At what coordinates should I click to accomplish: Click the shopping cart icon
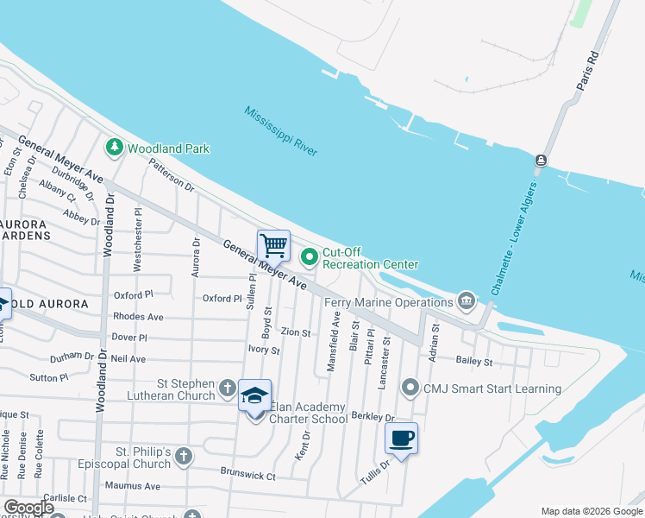tap(273, 245)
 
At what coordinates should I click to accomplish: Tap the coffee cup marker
tap(401, 439)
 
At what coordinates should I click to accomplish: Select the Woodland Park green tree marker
tap(114, 148)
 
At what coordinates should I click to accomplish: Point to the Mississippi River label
tap(280, 131)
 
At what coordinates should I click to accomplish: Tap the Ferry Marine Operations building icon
tap(466, 300)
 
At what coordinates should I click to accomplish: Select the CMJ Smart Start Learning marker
tap(410, 388)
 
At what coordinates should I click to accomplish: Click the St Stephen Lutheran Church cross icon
tap(227, 388)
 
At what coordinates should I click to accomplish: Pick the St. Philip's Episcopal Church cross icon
tap(183, 456)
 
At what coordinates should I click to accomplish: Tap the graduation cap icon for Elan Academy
tap(254, 395)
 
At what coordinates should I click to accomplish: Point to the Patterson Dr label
tap(171, 174)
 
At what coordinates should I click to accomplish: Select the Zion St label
tap(295, 332)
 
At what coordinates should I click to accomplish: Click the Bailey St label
tap(474, 361)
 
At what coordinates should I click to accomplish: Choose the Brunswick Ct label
tap(247, 476)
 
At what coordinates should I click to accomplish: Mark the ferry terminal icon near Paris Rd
tap(541, 161)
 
